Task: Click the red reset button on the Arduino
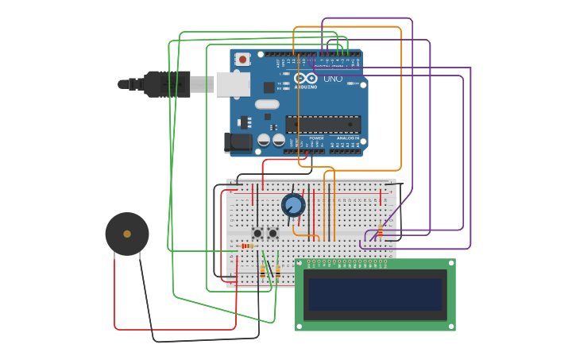point(242,59)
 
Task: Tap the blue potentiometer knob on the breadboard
point(293,205)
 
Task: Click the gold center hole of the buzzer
point(127,234)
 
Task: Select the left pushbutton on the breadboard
point(257,233)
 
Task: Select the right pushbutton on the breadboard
point(273,233)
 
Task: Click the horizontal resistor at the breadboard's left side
point(247,246)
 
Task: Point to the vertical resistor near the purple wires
point(380,230)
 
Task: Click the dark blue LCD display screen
point(375,294)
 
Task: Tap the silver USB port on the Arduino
point(233,84)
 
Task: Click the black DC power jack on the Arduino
point(238,142)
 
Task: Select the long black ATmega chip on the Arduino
point(323,124)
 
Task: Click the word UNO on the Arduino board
point(333,79)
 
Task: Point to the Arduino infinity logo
point(305,77)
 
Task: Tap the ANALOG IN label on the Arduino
point(346,137)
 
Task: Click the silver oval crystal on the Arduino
point(267,104)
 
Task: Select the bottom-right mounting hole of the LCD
point(450,326)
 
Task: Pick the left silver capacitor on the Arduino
point(264,140)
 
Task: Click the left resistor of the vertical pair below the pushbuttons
point(262,271)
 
